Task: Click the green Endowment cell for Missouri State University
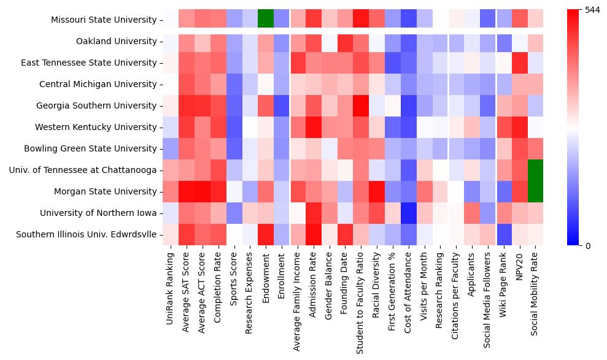tap(266, 20)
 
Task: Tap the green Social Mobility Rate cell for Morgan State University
tap(536, 191)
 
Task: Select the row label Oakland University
tap(116, 41)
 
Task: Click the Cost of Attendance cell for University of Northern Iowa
tap(408, 213)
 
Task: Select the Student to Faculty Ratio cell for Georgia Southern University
tap(361, 105)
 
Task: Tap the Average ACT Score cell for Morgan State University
tap(203, 191)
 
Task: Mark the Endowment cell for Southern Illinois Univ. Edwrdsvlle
tap(266, 234)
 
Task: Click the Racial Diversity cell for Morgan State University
tap(377, 191)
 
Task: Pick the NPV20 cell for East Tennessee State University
tap(520, 63)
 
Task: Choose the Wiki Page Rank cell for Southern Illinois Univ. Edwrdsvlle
tap(504, 234)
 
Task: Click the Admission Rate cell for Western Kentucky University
tap(313, 127)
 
